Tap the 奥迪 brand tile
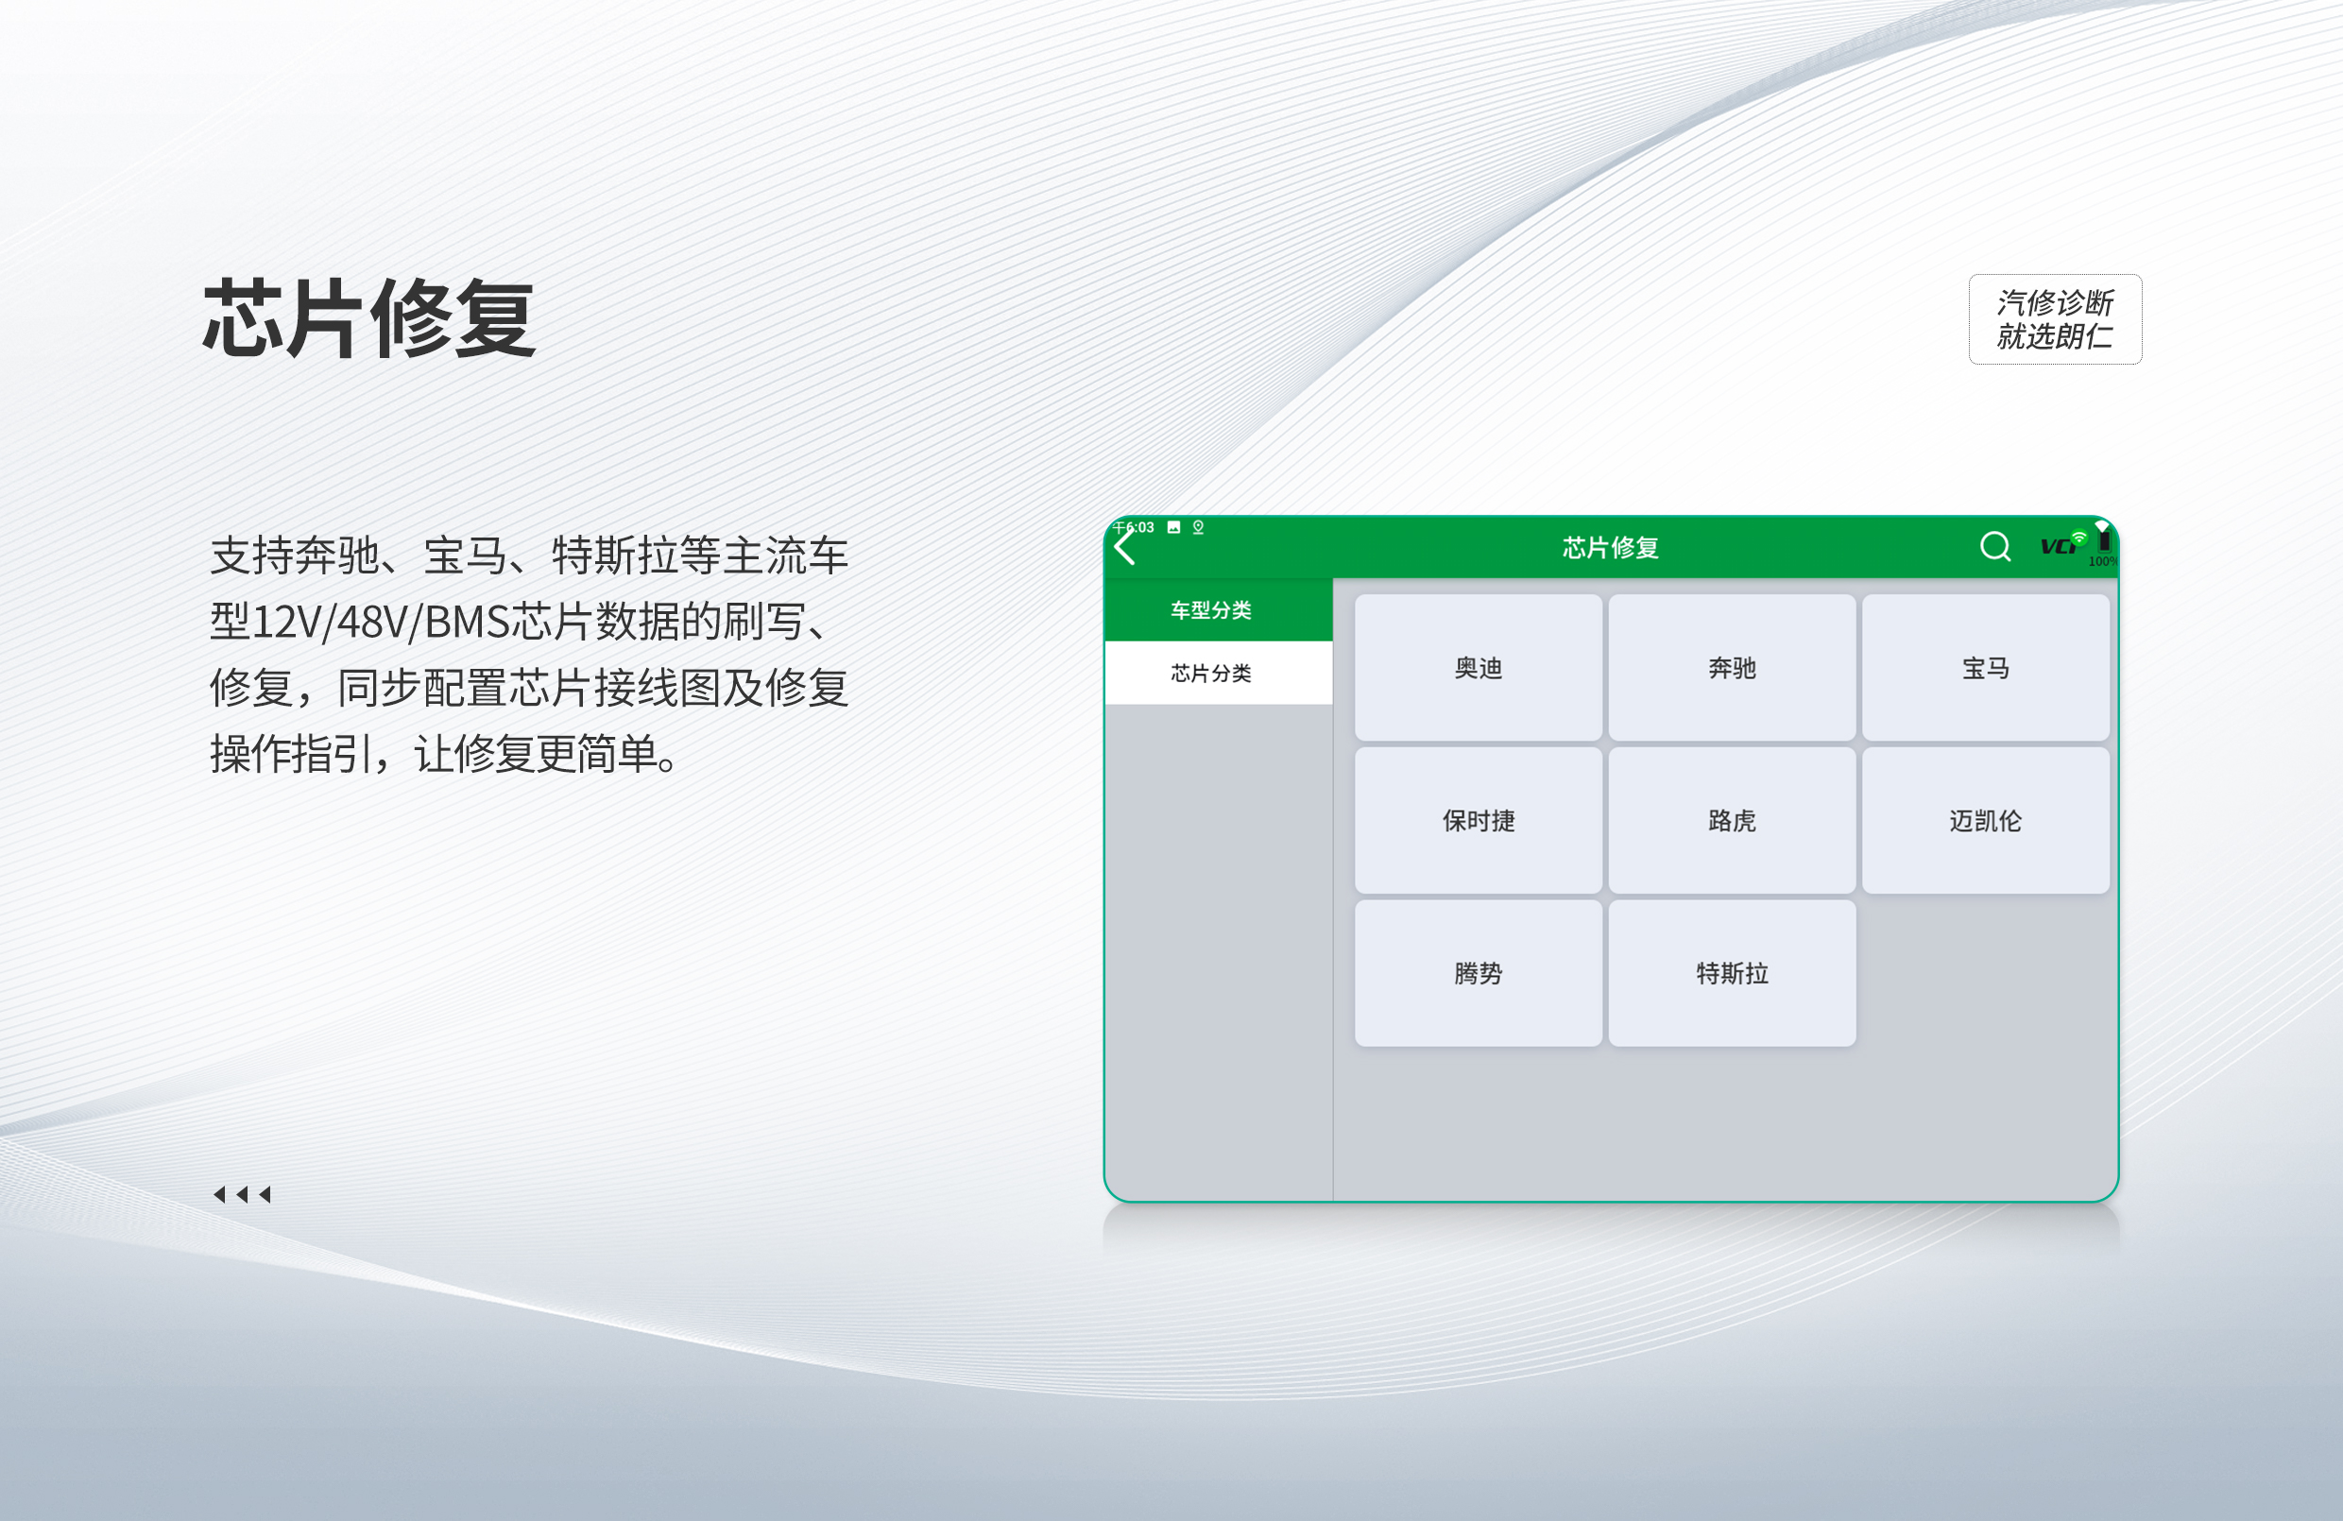1478,668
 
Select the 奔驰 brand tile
1732,668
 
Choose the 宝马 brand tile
1986,668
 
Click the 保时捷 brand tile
1478,820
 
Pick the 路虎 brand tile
1732,820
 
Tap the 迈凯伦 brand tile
1986,820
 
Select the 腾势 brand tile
1478,973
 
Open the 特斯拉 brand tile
1732,973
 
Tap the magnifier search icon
1995,546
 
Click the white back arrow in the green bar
1125,546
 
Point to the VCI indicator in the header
2061,544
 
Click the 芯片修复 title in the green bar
1611,547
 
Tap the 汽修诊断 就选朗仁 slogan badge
2055,319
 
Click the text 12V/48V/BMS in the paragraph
380,623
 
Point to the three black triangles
242,1194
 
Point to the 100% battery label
2103,561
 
